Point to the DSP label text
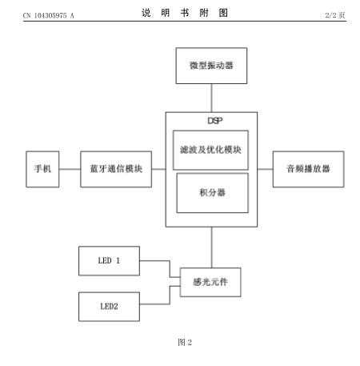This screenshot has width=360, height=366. tap(215, 121)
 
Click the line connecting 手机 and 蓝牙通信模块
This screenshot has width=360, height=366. tap(70, 169)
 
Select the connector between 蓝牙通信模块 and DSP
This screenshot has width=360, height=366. tap(159, 169)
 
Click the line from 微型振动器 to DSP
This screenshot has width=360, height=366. tap(211, 98)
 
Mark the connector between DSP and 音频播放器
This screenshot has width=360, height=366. tap(265, 169)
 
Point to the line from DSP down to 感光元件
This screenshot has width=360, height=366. tap(212, 247)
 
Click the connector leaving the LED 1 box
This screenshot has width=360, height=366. tap(170, 267)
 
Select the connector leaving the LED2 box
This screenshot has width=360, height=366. tap(170, 296)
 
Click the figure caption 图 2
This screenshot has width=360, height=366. tap(185, 342)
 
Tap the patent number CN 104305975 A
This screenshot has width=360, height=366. tap(49, 15)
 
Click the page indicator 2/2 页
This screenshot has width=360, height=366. tap(335, 15)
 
